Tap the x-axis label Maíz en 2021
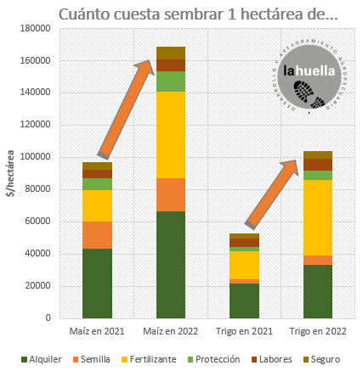pos(98,331)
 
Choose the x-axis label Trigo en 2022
pos(318,331)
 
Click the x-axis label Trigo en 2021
pos(244,331)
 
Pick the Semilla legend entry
pos(98,359)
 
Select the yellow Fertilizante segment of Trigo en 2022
pos(317,217)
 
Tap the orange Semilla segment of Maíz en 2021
pos(98,235)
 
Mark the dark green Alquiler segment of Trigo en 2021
pos(244,301)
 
